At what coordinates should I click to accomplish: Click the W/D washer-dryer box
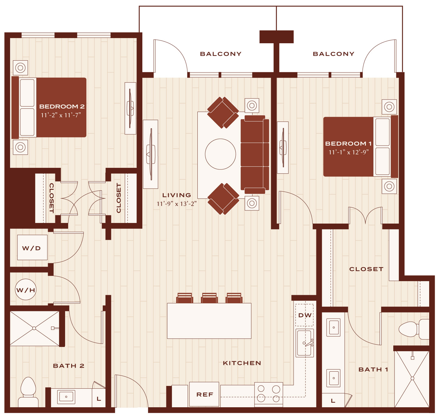pos(32,247)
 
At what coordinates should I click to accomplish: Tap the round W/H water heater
pos(26,289)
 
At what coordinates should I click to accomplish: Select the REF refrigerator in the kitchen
pos(204,394)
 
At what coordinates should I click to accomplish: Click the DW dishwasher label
pos(305,315)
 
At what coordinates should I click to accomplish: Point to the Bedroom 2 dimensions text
pos(61,115)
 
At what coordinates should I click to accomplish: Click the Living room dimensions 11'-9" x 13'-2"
pos(176,204)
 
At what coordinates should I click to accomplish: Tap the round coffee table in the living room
pos(220,154)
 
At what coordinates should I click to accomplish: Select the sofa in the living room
pos(255,154)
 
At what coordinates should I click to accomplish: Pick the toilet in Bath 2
pos(28,392)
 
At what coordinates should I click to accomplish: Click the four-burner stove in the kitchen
pos(269,394)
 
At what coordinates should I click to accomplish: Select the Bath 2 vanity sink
pos(66,397)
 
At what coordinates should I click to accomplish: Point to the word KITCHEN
pos(242,363)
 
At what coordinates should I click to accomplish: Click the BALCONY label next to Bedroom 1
pos(333,54)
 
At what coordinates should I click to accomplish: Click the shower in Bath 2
pos(35,328)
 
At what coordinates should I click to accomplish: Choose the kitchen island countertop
pos(209,321)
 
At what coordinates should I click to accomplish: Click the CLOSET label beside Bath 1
pos(366,269)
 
